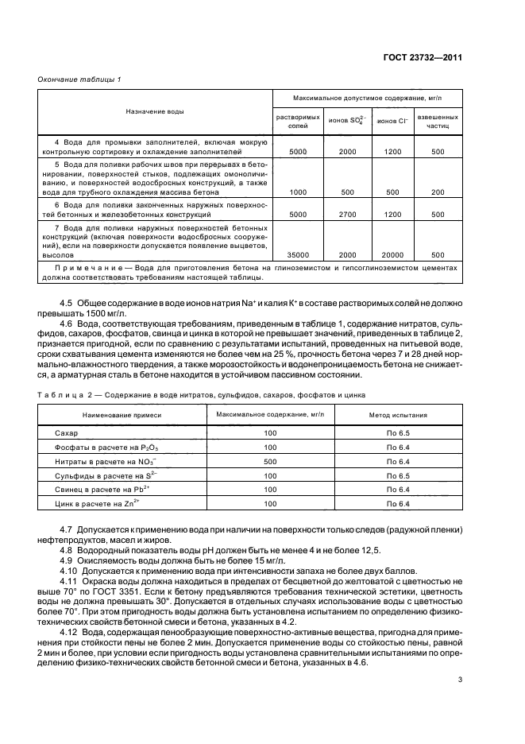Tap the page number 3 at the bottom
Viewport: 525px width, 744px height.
coord(460,680)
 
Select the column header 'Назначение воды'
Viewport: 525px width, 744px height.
coord(155,111)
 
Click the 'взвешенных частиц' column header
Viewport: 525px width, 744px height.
coord(438,121)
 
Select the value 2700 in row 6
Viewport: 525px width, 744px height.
coord(347,214)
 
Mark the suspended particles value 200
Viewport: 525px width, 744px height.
coord(438,192)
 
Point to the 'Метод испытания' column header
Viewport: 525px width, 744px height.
coord(397,414)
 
